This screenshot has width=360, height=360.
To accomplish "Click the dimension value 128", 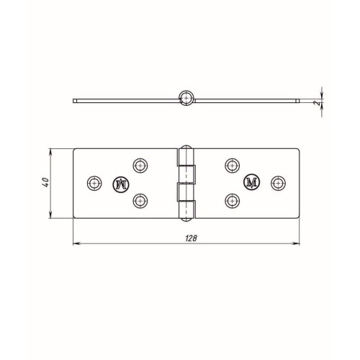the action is tap(191, 238).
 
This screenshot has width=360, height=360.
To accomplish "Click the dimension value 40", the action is tap(45, 182).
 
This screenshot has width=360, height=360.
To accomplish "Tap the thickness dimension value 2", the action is tap(318, 103).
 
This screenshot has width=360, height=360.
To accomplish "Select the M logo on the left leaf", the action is tap(121, 184).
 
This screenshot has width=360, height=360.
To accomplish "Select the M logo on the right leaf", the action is tap(252, 182).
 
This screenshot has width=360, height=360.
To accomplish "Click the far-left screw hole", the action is tap(94, 184).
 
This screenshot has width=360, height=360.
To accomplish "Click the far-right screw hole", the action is tap(278, 183).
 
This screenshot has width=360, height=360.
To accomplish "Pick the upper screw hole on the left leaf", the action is tap(140, 166).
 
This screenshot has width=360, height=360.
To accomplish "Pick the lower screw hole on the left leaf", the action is tap(140, 201).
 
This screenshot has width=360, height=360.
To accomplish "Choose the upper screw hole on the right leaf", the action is tap(232, 166).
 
